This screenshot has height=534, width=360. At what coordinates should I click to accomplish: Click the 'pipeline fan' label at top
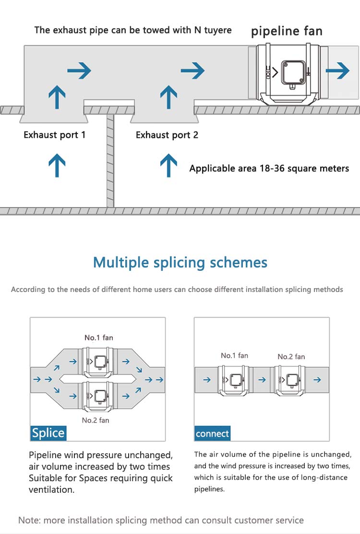point(287,32)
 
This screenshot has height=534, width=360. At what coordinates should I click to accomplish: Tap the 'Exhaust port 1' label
point(55,135)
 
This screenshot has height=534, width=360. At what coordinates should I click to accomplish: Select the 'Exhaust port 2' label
point(167,135)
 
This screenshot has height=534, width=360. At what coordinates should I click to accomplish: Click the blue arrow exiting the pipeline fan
point(337,71)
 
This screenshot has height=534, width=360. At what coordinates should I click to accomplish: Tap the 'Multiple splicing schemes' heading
point(180,263)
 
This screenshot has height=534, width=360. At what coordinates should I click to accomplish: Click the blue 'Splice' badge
point(48,433)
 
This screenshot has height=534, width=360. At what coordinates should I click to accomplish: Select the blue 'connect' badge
point(212,434)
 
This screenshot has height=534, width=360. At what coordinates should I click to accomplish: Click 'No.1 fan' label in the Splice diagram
point(99,338)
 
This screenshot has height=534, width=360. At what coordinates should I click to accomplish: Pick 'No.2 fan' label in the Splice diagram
point(95,420)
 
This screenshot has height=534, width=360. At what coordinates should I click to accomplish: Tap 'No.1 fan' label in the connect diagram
point(234,355)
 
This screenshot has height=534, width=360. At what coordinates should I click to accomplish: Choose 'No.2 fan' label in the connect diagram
point(291,356)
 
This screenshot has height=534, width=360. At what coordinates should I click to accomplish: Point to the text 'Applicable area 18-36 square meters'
point(269,169)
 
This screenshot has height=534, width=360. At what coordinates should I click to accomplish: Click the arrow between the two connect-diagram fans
point(262,379)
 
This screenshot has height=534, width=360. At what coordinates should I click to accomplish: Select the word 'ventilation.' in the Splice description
point(51,490)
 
